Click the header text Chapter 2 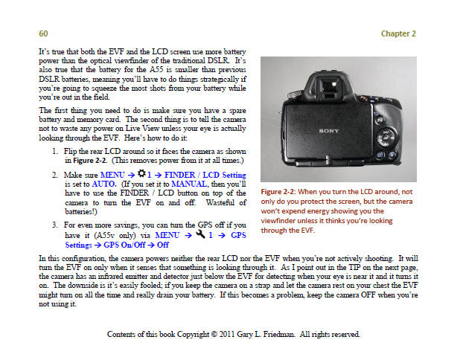tap(398, 33)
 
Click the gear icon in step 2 tap(134, 173)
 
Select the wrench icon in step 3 tap(189, 233)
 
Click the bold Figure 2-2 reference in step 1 tap(83, 160)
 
